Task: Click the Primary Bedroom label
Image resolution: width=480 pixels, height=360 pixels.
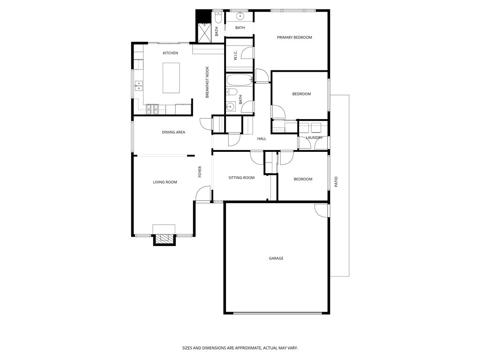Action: [x=294, y=37]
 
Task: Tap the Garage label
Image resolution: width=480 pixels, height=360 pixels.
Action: [x=276, y=258]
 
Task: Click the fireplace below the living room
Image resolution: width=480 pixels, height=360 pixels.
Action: [x=164, y=239]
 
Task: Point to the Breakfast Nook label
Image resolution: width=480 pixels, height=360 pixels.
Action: [x=207, y=82]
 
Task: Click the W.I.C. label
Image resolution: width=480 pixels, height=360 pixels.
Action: [x=235, y=55]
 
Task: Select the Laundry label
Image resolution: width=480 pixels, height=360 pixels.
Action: [x=314, y=137]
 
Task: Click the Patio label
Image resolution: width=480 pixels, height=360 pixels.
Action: [x=336, y=182]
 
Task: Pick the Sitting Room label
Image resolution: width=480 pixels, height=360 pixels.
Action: [x=241, y=178]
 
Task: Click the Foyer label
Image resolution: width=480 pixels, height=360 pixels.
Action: [x=200, y=172]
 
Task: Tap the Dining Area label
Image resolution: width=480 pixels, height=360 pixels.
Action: [x=173, y=132]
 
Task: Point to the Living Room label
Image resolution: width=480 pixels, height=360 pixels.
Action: [x=165, y=182]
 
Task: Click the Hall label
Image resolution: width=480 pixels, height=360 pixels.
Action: [x=262, y=139]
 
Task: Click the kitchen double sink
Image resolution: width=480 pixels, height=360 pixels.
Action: [x=139, y=85]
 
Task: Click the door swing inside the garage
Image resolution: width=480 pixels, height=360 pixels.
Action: [x=321, y=210]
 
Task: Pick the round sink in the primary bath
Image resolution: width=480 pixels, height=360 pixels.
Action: [x=240, y=16]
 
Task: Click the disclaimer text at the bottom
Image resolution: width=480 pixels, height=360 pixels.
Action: [x=240, y=348]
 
